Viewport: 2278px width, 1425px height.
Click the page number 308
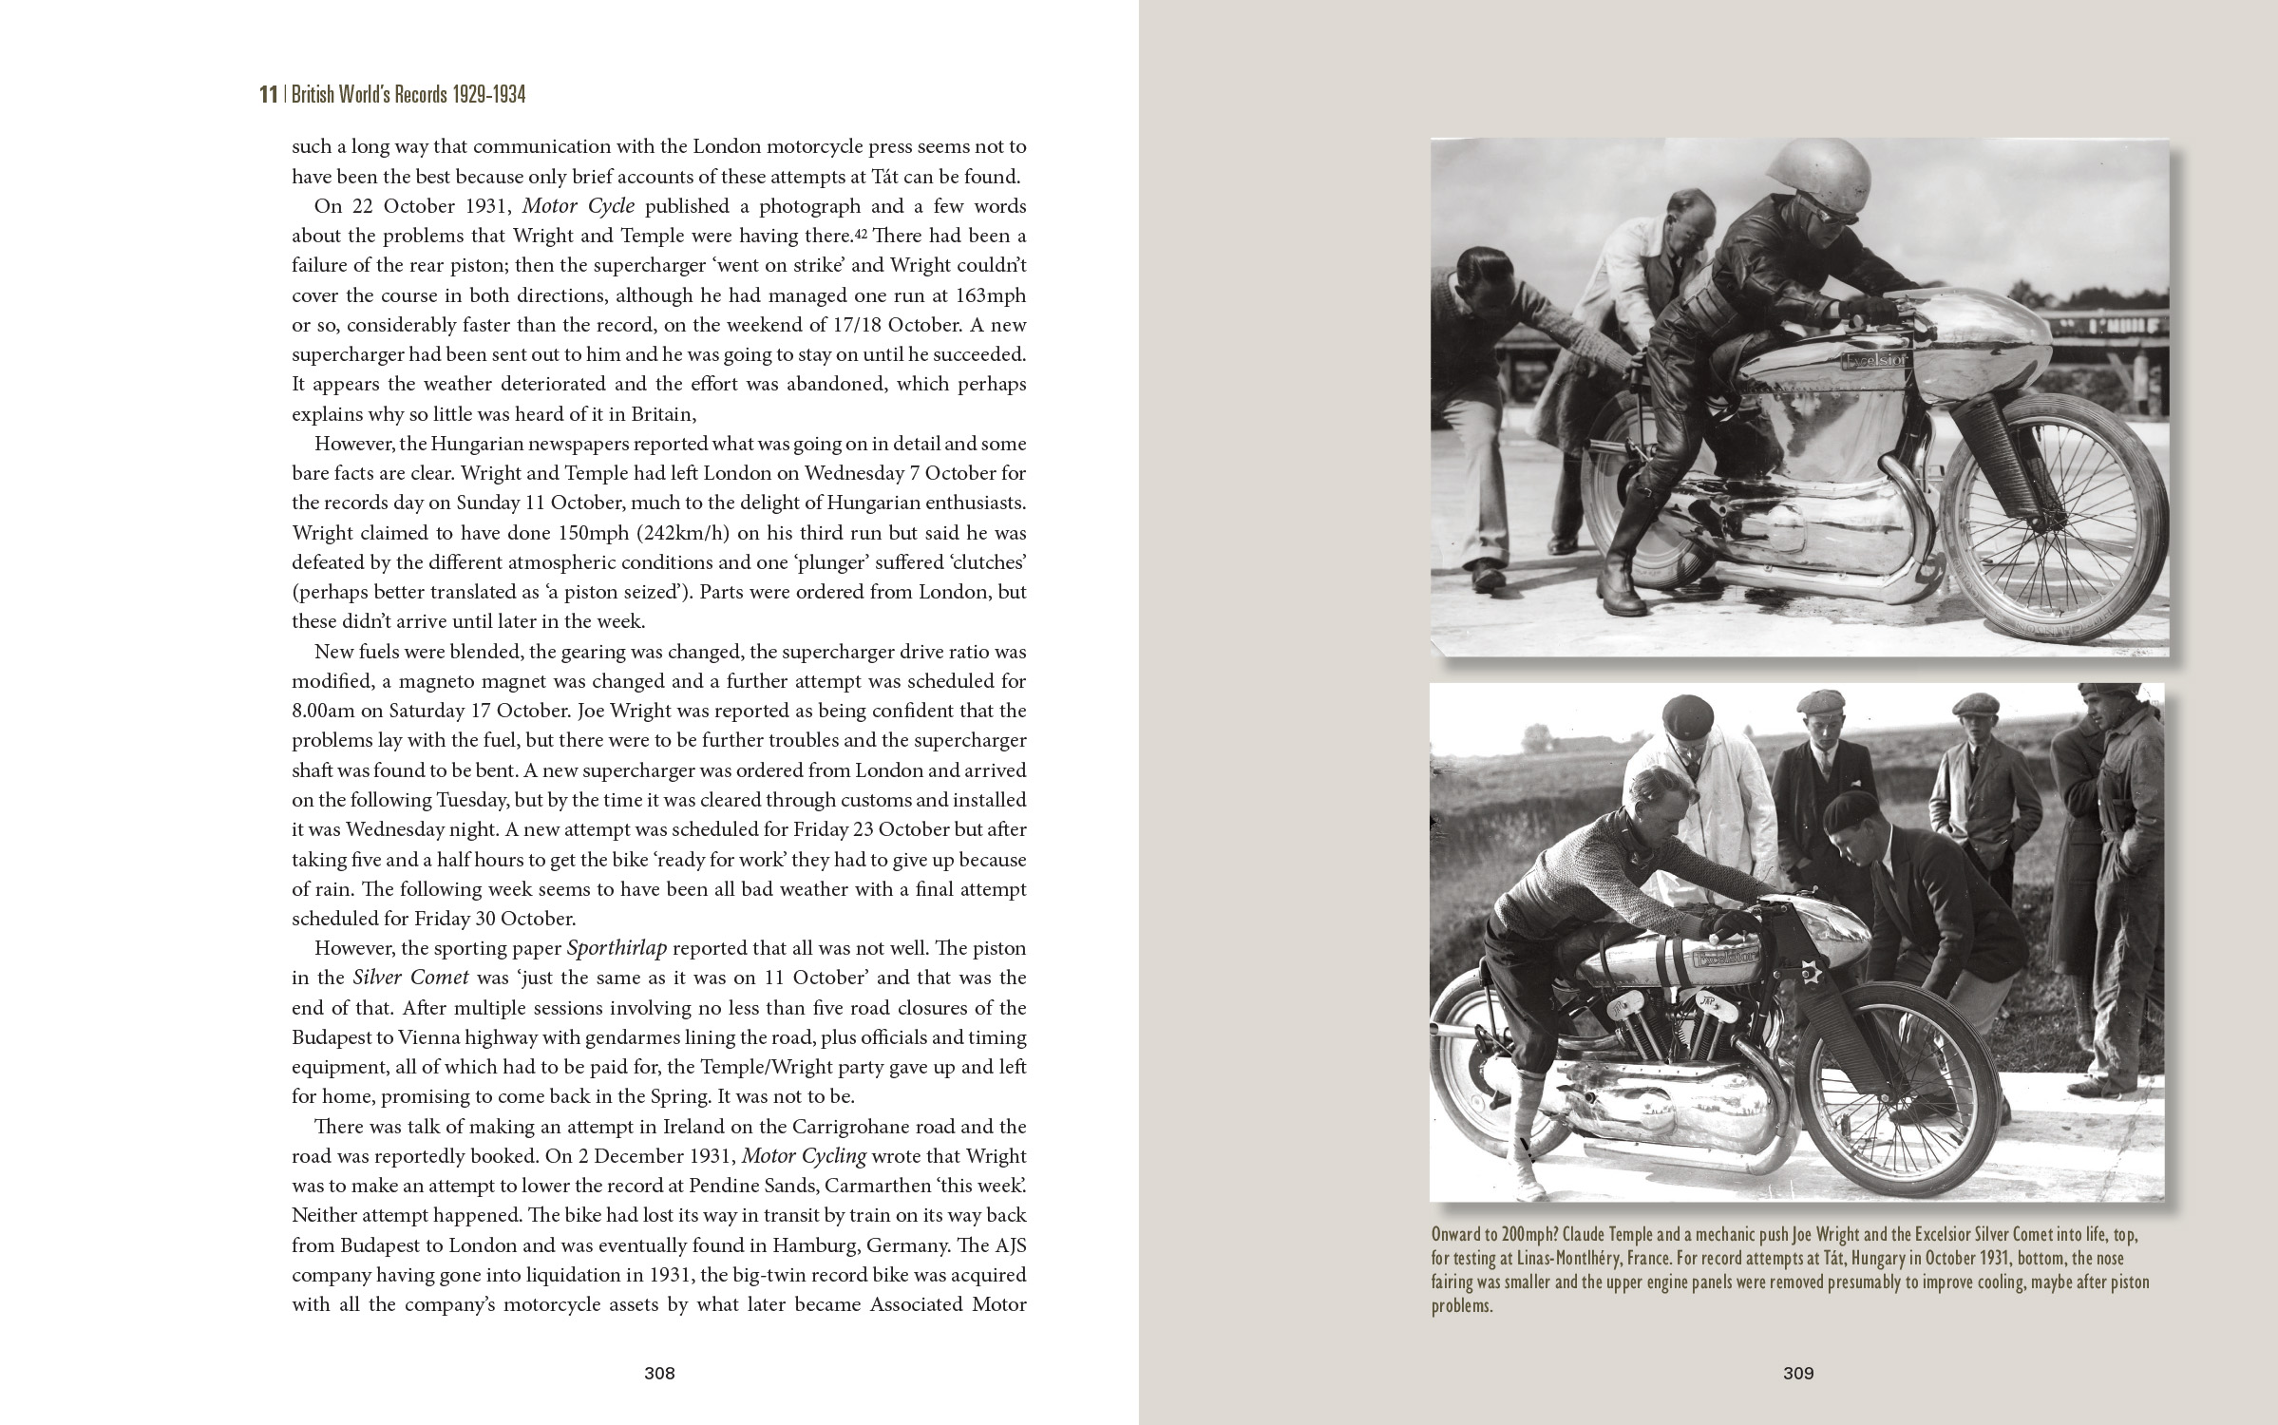(658, 1373)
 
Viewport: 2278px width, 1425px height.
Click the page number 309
(1798, 1373)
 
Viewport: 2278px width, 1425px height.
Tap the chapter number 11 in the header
(268, 95)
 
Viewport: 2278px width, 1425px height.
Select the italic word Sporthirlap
(617, 948)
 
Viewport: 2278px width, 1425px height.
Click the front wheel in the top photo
(2052, 532)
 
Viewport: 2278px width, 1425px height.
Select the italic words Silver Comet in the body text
(411, 978)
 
